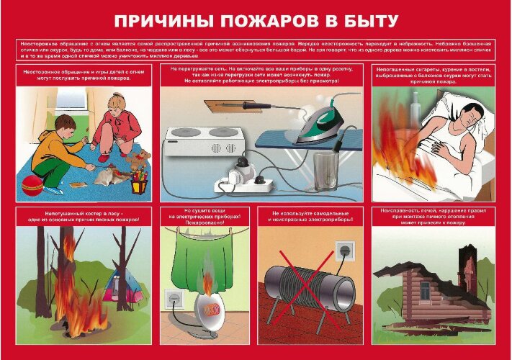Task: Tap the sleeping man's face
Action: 452,114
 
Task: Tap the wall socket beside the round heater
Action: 173,300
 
